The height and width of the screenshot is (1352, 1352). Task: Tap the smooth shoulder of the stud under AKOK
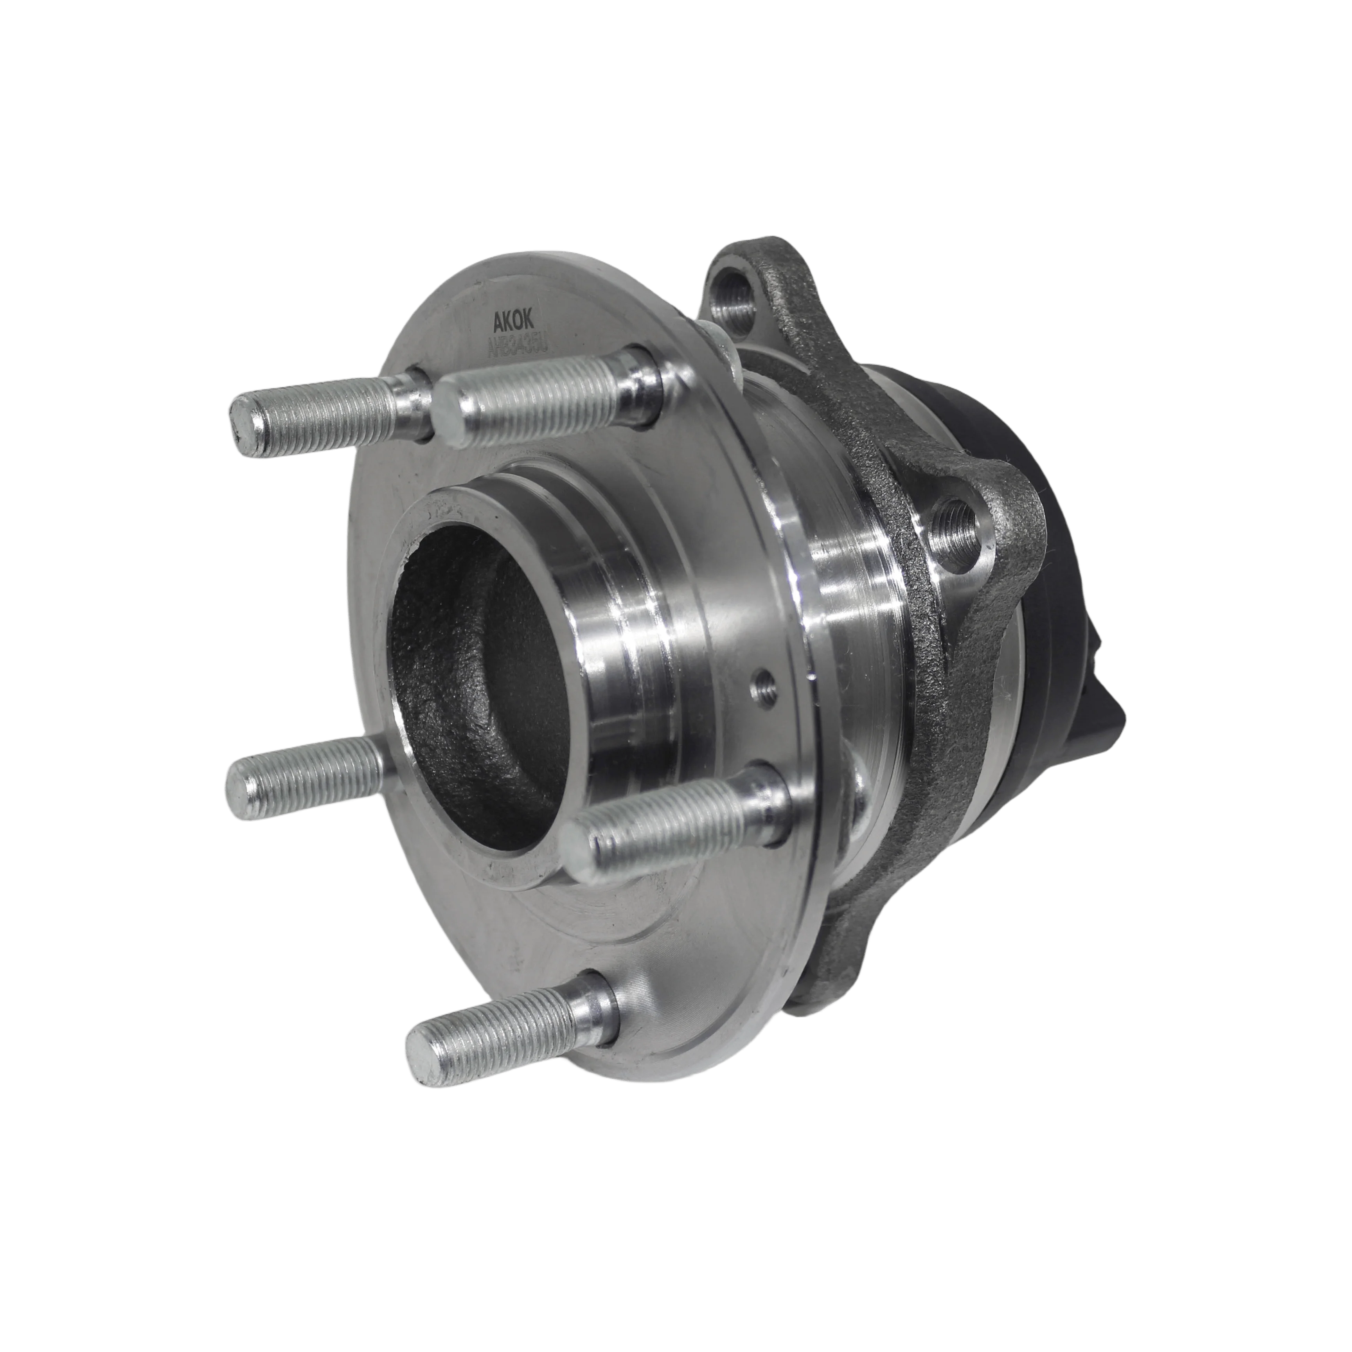tap(633, 385)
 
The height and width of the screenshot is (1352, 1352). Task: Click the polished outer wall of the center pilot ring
tap(609, 630)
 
